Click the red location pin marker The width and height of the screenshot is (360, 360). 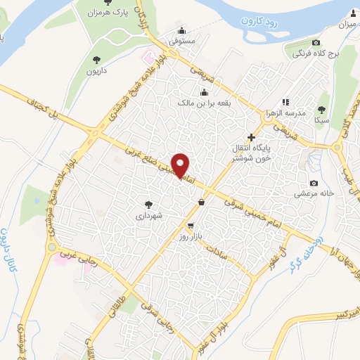coord(181,165)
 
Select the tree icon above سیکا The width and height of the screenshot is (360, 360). coord(321,109)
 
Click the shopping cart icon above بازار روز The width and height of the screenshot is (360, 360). coord(191,226)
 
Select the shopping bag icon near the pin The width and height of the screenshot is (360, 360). coord(202,202)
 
